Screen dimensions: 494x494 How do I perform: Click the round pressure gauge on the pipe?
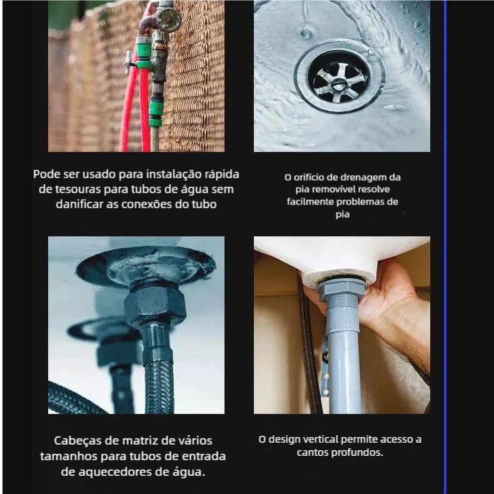click(169, 19)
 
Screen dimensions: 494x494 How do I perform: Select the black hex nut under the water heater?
click(154, 306)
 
